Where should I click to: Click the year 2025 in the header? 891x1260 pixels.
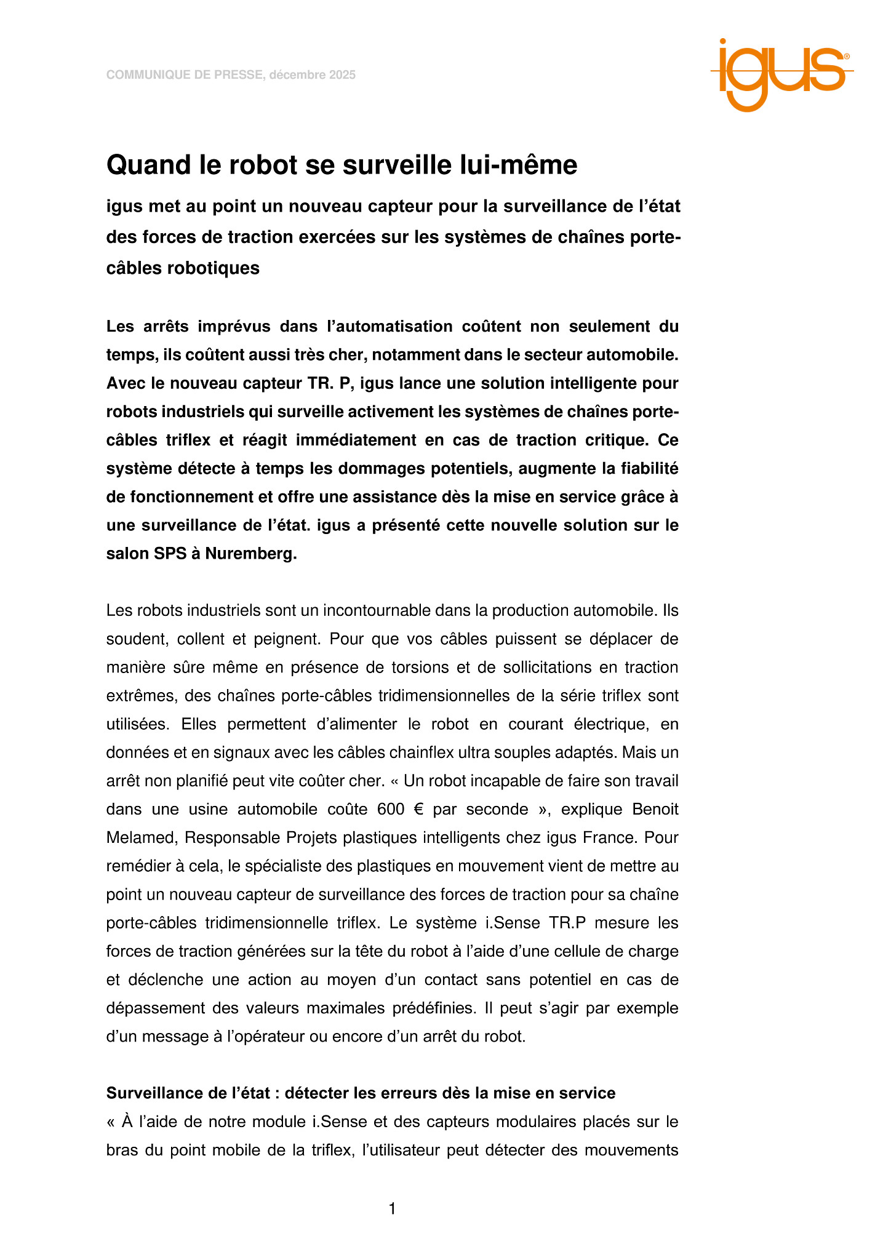[x=342, y=75]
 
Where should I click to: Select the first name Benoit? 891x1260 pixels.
[x=655, y=809]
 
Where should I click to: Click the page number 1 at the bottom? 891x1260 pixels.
[x=392, y=1210]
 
